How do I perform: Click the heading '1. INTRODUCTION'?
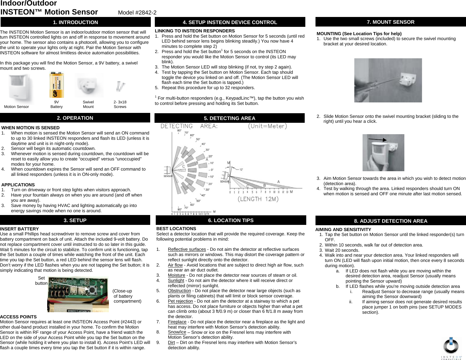click(76, 22)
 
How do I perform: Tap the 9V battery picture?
click(56, 85)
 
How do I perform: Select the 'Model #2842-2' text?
click(137, 13)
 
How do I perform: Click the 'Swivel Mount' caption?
click(88, 104)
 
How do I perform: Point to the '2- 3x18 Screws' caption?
click(120, 104)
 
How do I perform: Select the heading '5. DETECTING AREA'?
click(229, 118)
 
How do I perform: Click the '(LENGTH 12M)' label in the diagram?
click(258, 199)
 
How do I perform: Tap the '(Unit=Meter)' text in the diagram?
click(267, 126)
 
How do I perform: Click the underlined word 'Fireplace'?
click(177, 322)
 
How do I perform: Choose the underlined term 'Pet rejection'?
click(180, 301)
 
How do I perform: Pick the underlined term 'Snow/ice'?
click(177, 332)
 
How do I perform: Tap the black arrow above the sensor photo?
click(377, 140)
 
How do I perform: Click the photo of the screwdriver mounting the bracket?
click(388, 80)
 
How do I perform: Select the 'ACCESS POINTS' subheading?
click(19, 317)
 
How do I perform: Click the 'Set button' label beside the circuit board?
click(41, 280)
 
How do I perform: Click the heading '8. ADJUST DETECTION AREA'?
click(390, 221)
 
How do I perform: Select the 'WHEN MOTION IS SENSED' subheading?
click(31, 128)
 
